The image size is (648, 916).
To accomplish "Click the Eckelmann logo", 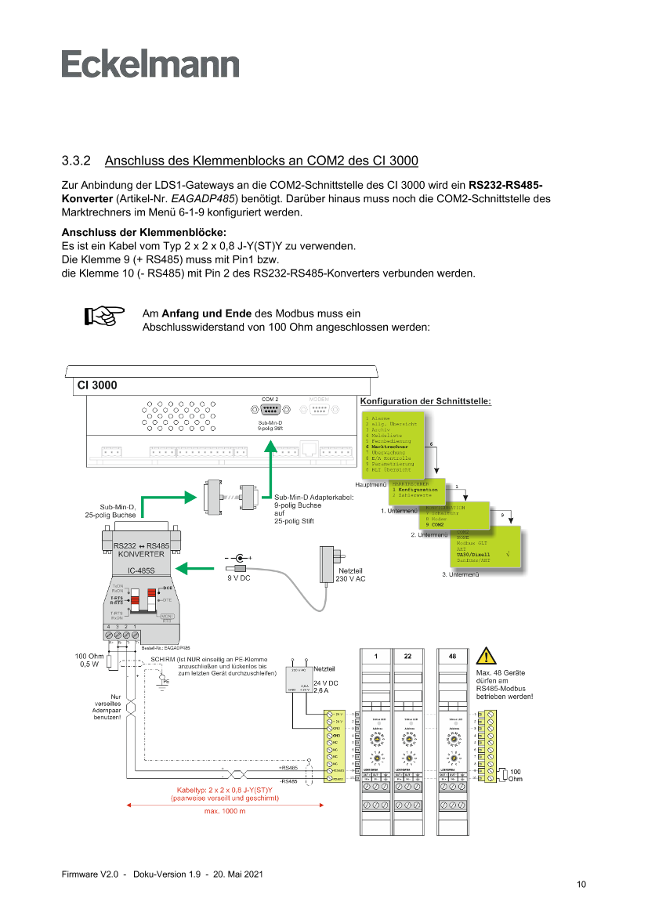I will point(150,65).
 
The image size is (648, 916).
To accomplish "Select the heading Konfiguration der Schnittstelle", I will point(425,402).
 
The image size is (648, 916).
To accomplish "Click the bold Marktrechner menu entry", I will point(389,447).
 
